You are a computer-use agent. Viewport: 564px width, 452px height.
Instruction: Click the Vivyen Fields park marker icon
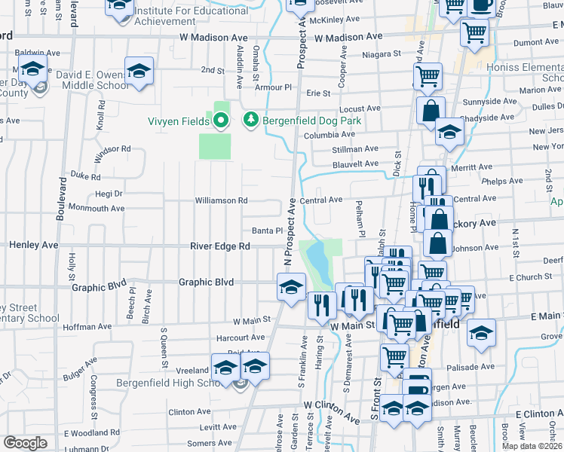pyautogui.click(x=220, y=120)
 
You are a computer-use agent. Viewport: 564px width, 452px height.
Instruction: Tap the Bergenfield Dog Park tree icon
pyautogui.click(x=250, y=120)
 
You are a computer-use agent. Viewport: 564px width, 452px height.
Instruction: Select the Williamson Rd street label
pyautogui.click(x=221, y=200)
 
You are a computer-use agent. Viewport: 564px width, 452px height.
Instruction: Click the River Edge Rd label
pyautogui.click(x=220, y=246)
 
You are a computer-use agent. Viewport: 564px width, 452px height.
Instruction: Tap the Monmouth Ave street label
pyautogui.click(x=96, y=208)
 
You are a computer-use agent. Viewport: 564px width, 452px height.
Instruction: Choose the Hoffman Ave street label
pyautogui.click(x=88, y=328)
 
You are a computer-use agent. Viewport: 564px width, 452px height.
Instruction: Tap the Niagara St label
pyautogui.click(x=381, y=55)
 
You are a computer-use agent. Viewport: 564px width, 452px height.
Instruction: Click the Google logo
pyautogui.click(x=25, y=443)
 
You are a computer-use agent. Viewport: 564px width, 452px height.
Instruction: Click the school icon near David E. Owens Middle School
pyautogui.click(x=139, y=72)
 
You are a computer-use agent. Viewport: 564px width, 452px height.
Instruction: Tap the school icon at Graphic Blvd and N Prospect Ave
pyautogui.click(x=291, y=286)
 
